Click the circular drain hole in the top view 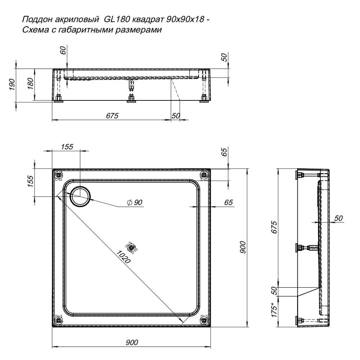point(80,196)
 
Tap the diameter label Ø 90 point(135,202)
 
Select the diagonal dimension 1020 point(123,257)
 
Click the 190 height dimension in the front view point(12,84)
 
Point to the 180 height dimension point(30,84)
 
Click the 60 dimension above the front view point(63,50)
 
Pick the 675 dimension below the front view point(112,116)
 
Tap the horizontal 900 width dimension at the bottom point(132,342)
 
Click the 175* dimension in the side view point(274,310)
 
